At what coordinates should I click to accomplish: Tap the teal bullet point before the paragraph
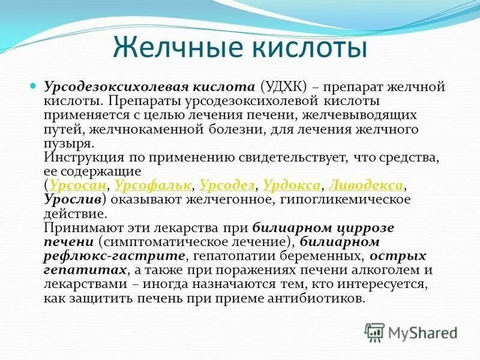[x=35, y=86]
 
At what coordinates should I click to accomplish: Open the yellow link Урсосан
[x=79, y=185]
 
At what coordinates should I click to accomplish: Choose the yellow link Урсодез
[x=227, y=185]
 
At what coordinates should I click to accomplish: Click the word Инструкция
[x=83, y=157]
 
